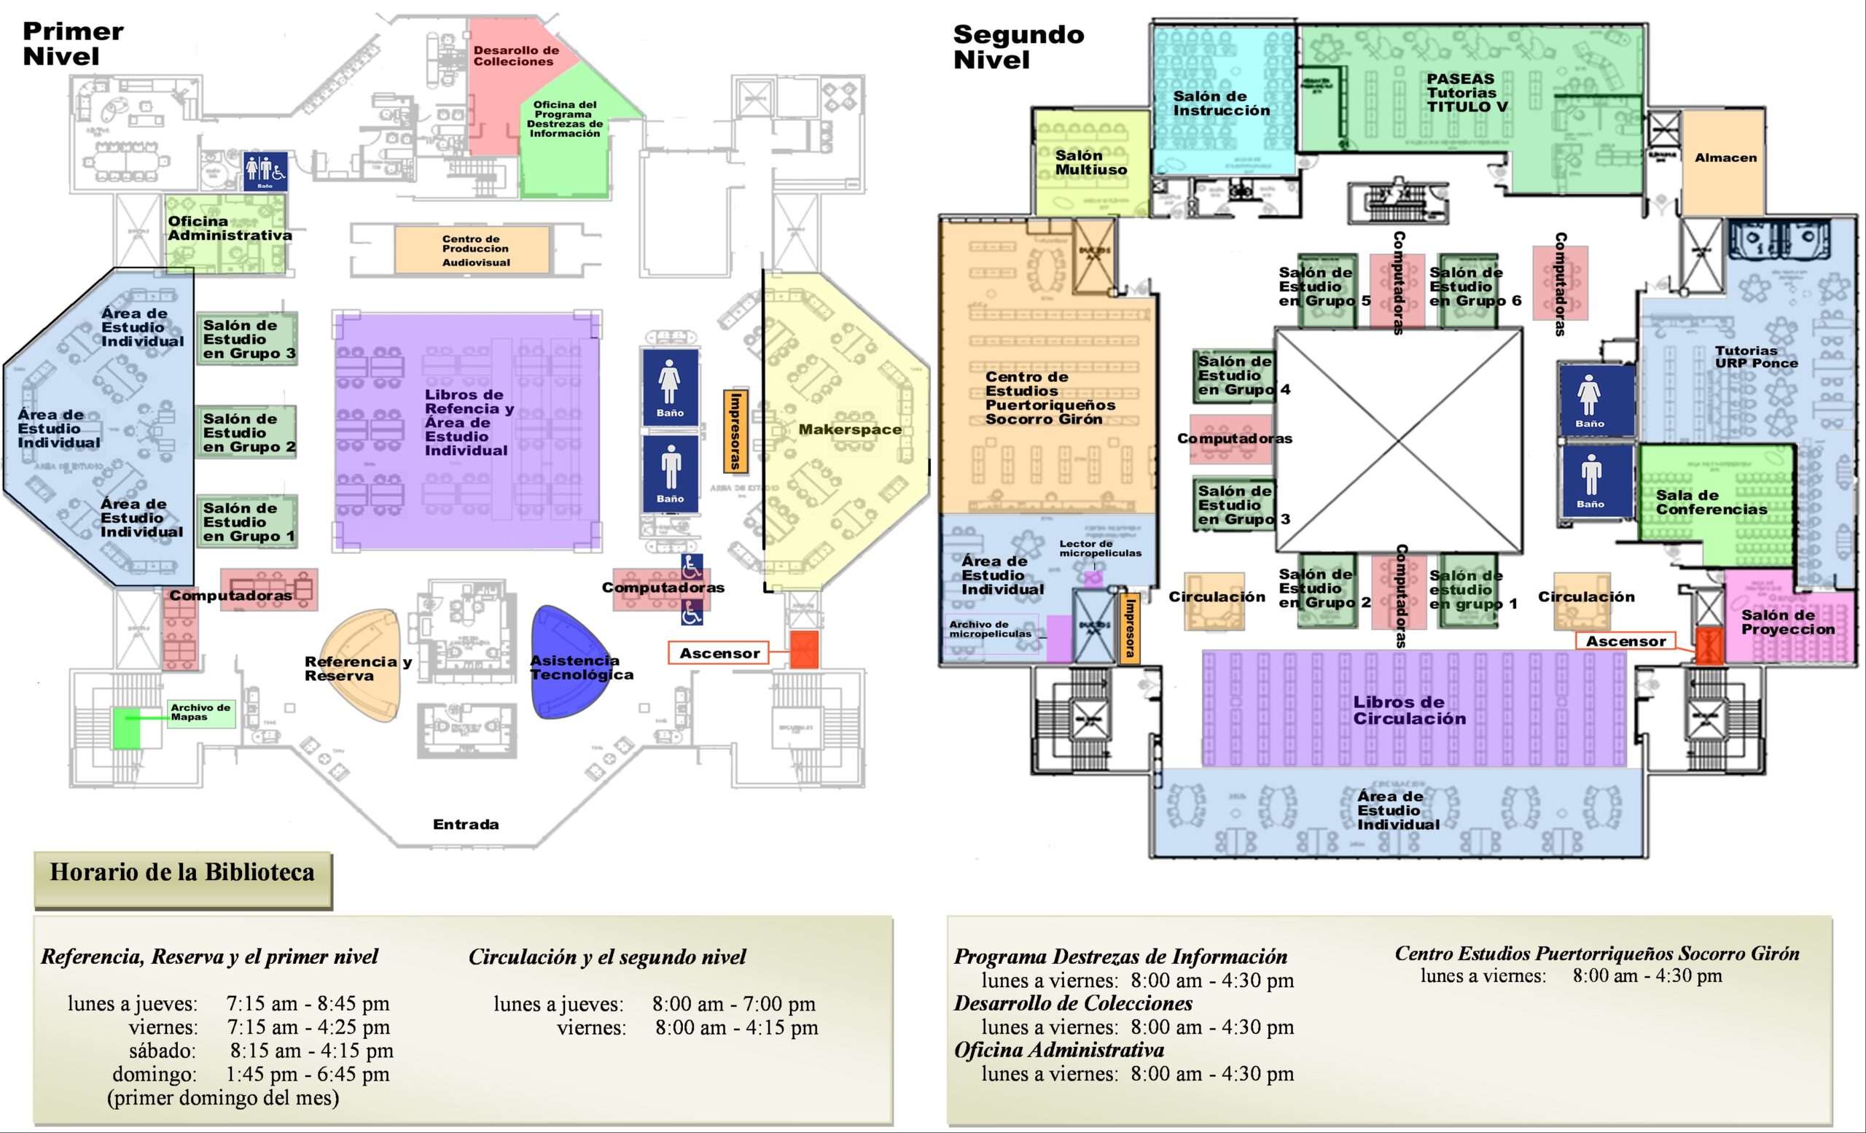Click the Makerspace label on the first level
click(x=850, y=429)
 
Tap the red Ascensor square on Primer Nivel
click(x=804, y=650)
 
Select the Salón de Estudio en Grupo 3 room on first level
click(x=247, y=338)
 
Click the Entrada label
click(x=466, y=824)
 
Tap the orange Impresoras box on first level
click(x=735, y=430)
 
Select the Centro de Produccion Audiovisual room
click(x=472, y=250)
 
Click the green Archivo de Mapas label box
click(x=200, y=712)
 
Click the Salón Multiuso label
click(x=1090, y=163)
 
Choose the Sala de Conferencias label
click(x=1711, y=502)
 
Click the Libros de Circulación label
click(x=1410, y=710)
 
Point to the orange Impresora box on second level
click(x=1130, y=628)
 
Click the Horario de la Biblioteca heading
click(x=181, y=873)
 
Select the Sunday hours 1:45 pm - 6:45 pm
click(x=308, y=1074)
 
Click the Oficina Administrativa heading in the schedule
click(x=1058, y=1050)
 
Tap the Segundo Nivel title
click(x=1017, y=47)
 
